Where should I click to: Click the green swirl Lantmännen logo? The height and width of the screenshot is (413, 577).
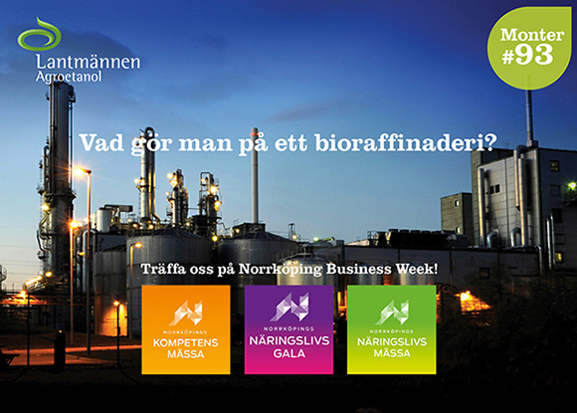[x=40, y=35]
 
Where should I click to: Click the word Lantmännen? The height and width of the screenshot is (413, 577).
[x=88, y=63]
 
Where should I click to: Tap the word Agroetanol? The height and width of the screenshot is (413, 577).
[x=69, y=77]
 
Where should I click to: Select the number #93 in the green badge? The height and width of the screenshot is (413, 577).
[x=527, y=55]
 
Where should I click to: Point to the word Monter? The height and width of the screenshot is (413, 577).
[x=532, y=36]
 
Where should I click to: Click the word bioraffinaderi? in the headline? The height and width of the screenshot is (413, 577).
[x=406, y=143]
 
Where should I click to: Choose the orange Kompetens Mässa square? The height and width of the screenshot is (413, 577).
[x=186, y=329]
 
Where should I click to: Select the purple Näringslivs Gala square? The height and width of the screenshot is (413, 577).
[x=288, y=329]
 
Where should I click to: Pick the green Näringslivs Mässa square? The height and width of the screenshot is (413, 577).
[x=392, y=329]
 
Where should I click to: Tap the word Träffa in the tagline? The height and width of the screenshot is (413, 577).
[x=163, y=269]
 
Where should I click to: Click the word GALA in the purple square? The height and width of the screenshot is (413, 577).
[x=288, y=353]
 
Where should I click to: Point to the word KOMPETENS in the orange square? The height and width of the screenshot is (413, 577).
[x=186, y=342]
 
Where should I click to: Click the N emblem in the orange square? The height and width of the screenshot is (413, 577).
[x=186, y=313]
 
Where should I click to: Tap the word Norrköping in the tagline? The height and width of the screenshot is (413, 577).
[x=280, y=270]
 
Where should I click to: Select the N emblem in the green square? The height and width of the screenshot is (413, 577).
[x=392, y=312]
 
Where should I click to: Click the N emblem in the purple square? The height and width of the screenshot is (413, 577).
[x=289, y=307]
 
